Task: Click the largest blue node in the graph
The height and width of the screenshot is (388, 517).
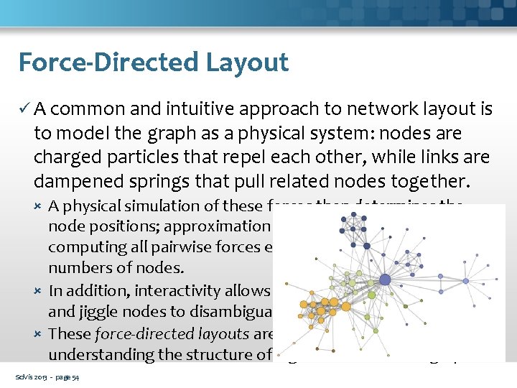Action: pos(385,280)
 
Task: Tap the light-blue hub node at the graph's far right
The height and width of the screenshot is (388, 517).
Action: pos(465,280)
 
